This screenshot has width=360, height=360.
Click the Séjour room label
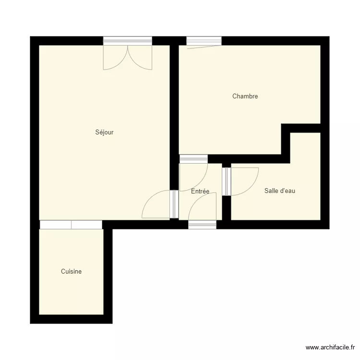(x=104, y=132)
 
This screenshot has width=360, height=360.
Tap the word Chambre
(x=245, y=96)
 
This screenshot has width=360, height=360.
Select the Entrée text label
(x=200, y=192)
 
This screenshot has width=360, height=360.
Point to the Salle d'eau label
(x=279, y=191)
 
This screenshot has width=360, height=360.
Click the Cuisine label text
(x=71, y=272)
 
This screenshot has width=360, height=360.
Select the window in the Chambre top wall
(x=204, y=41)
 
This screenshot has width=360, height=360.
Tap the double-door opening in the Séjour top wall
(x=128, y=41)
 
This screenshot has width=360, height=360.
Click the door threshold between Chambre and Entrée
(x=193, y=159)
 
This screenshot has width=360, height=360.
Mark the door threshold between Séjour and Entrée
(x=174, y=204)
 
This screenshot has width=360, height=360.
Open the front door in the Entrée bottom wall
(x=202, y=224)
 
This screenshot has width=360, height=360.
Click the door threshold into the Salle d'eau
(x=227, y=181)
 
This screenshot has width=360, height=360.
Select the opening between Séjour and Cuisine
(x=71, y=225)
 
